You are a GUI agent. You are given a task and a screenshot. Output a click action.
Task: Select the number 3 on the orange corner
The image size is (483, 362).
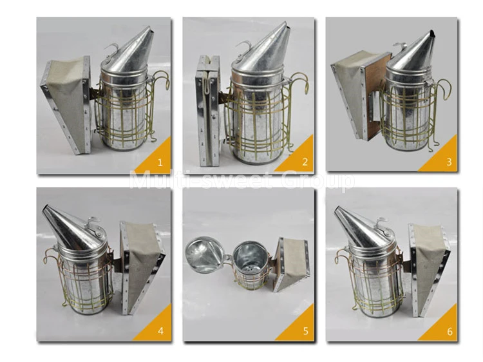[448, 161]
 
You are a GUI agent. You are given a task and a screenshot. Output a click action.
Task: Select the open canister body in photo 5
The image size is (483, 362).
[249, 264]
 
